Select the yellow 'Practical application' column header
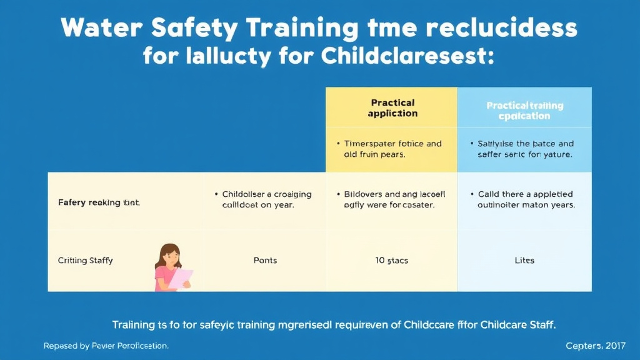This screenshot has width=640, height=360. [x=392, y=107]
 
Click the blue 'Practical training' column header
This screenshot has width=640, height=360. [x=524, y=111]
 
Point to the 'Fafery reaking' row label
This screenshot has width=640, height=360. [x=97, y=202]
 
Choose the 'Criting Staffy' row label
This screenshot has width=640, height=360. [x=85, y=260]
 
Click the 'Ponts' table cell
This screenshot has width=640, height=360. [x=265, y=260]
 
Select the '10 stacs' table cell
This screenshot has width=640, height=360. [x=392, y=260]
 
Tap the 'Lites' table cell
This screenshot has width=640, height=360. [x=524, y=260]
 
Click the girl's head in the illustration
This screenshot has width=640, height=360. [x=171, y=255]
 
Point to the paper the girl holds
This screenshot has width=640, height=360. [x=181, y=278]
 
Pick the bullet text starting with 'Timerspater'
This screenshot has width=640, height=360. [x=392, y=149]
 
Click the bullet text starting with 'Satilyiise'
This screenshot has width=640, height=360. [x=525, y=149]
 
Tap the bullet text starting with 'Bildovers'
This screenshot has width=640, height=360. [x=393, y=199]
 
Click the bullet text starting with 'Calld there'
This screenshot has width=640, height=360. [x=526, y=199]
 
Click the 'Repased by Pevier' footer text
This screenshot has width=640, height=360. [x=106, y=345]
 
